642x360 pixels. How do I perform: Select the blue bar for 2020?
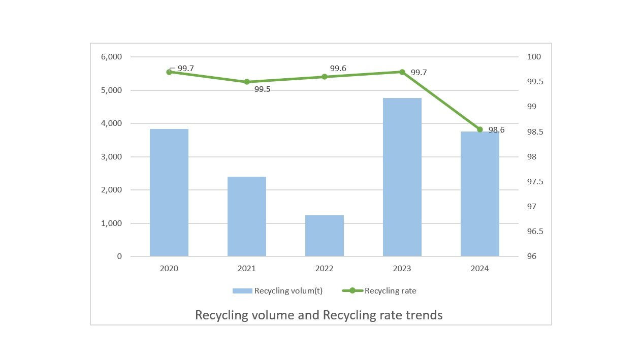pyautogui.click(x=169, y=192)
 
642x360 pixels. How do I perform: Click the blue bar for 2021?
pyautogui.click(x=246, y=216)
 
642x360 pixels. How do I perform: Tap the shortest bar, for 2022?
pyautogui.click(x=324, y=236)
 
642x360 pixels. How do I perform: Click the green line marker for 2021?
pyautogui.click(x=246, y=82)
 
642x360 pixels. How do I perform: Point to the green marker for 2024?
pyautogui.click(x=479, y=129)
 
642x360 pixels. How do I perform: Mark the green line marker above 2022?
pyautogui.click(x=324, y=77)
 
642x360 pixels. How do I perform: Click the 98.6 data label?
pyautogui.click(x=496, y=130)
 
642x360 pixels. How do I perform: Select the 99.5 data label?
pyautogui.click(x=262, y=89)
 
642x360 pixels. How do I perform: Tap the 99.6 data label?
pyautogui.click(x=338, y=69)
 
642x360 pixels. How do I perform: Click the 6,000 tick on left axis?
pyautogui.click(x=111, y=57)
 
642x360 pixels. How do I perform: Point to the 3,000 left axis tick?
pyautogui.click(x=111, y=157)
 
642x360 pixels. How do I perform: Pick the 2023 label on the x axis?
pyautogui.click(x=402, y=269)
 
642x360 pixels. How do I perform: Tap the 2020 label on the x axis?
pyautogui.click(x=169, y=269)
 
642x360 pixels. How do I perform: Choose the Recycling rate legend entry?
pyautogui.click(x=390, y=291)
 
